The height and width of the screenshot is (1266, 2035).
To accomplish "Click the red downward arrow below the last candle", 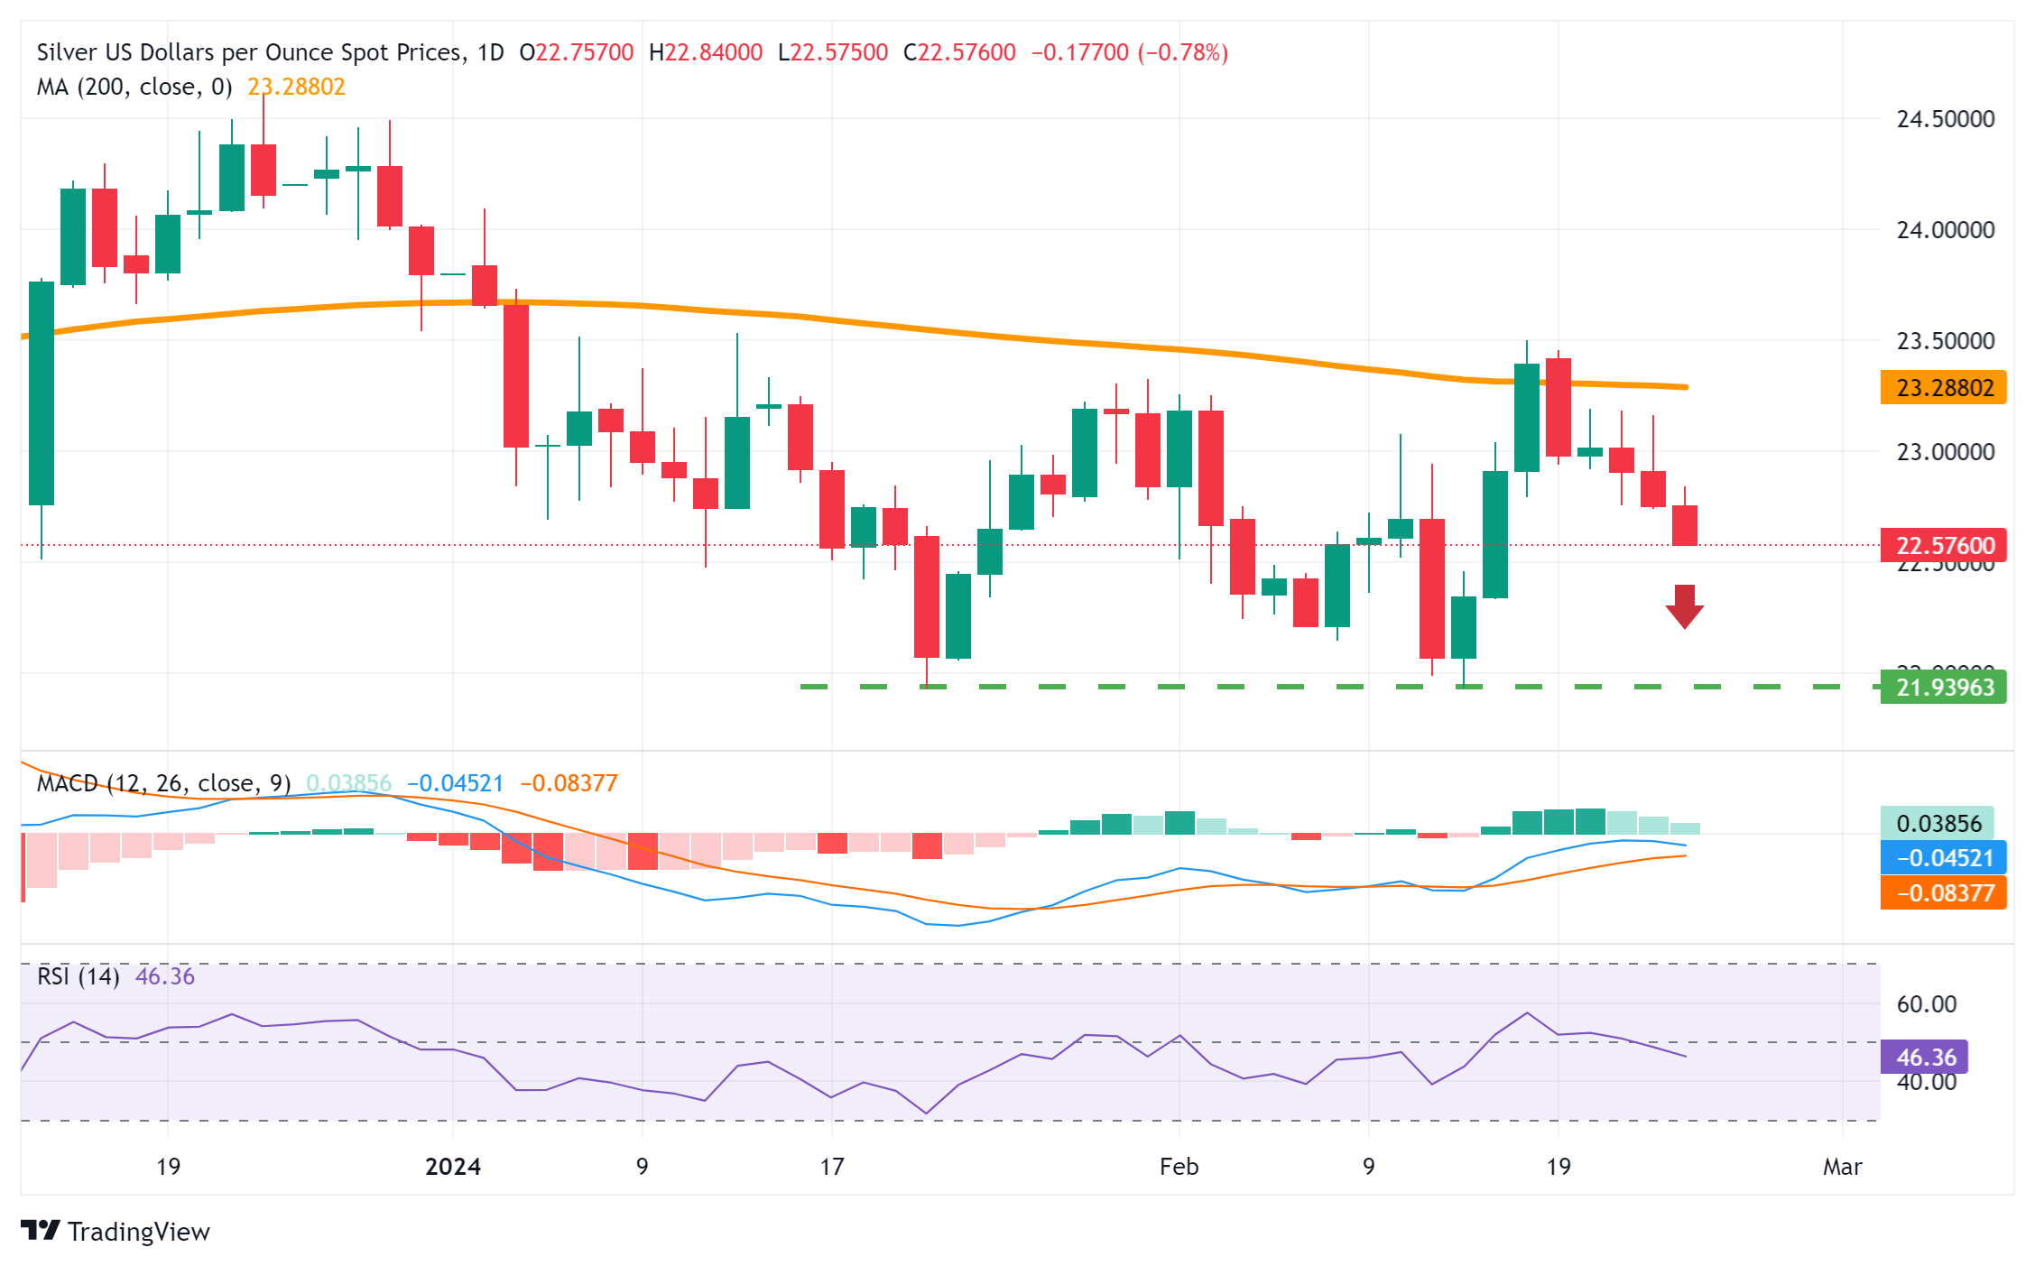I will tap(1684, 606).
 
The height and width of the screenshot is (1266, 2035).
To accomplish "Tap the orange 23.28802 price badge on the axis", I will tap(1943, 388).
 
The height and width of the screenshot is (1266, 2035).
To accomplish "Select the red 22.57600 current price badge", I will tap(1943, 546).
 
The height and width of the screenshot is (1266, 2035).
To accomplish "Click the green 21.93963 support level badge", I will tap(1943, 688).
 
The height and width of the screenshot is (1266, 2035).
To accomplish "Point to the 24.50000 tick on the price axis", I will tap(1945, 119).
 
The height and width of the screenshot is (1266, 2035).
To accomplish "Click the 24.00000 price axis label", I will tap(1945, 230).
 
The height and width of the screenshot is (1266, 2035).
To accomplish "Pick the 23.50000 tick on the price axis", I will tap(1945, 341).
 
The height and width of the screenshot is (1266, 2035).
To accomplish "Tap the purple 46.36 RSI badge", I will tap(1924, 1057).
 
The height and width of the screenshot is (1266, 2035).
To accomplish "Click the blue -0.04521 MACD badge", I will tap(1943, 858).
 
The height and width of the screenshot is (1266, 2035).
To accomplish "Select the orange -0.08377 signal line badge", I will tap(1943, 893).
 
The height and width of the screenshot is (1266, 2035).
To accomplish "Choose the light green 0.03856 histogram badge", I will tap(1938, 824).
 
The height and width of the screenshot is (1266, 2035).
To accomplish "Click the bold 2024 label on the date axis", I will tap(453, 1167).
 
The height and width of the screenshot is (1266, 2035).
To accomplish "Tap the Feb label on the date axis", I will tap(1179, 1167).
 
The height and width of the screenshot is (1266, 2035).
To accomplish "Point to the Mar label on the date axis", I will tap(1842, 1167).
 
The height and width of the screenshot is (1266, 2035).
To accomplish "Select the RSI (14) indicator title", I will tap(78, 976).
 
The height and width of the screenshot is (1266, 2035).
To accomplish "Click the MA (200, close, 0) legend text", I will tap(134, 87).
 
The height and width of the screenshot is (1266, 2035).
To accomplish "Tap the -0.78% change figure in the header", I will tap(1183, 52).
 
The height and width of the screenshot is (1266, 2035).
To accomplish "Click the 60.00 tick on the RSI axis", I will tap(1926, 1004).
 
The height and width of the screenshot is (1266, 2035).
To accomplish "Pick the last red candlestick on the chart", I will tap(1684, 525).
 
